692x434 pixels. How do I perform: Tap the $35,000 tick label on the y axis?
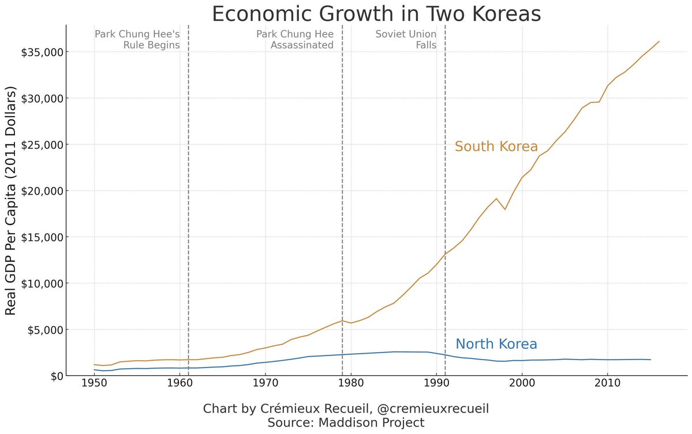[43, 53]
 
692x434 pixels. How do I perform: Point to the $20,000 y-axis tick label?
[43, 191]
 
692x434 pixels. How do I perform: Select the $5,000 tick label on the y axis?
[46, 330]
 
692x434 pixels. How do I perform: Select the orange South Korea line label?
[496, 147]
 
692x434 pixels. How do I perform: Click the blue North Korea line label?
[496, 345]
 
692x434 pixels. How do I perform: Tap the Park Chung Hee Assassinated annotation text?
[295, 39]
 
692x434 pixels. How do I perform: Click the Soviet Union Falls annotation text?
[406, 39]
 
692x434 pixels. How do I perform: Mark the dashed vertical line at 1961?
[189, 173]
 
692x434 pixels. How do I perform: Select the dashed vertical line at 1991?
[445, 173]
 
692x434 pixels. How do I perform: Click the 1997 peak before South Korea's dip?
[496, 199]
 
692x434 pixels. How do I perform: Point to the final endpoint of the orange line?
[659, 42]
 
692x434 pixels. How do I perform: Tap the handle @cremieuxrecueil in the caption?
[433, 409]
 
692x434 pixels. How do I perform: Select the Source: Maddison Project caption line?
[346, 422]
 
